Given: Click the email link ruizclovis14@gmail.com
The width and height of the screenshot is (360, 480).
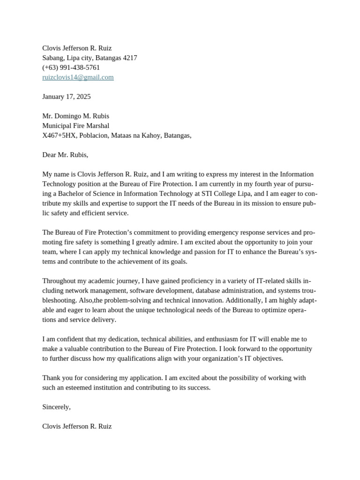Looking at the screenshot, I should (x=78, y=77).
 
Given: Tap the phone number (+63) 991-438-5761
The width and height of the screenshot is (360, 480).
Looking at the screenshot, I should (x=71, y=67).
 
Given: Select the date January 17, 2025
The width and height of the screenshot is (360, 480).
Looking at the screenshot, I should (x=67, y=97).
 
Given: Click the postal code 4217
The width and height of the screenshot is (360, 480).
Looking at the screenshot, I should (x=130, y=58).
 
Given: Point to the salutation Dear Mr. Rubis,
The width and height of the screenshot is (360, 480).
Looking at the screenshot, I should (x=65, y=155).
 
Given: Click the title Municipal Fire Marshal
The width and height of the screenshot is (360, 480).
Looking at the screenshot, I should (x=75, y=126).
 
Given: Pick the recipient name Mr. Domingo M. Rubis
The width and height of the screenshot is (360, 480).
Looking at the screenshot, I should (x=75, y=116).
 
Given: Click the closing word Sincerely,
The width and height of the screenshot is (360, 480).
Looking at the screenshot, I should (x=56, y=407).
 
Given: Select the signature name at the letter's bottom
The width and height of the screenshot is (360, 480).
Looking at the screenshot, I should (x=77, y=427).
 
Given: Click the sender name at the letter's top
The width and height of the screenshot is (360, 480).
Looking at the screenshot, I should (x=77, y=48).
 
